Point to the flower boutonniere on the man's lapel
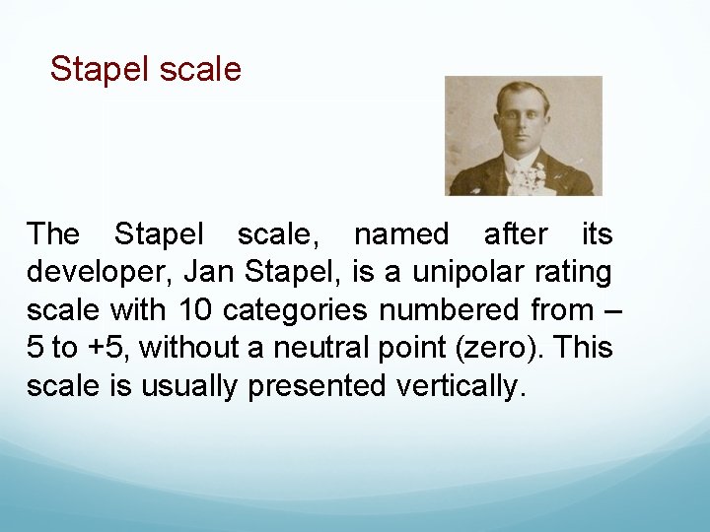coord(533,178)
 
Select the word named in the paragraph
coord(400,234)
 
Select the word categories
coord(296,310)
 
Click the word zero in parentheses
coord(522,348)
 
